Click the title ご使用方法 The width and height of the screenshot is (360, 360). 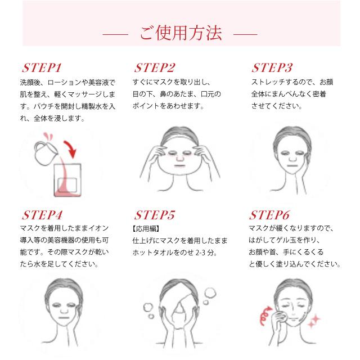tap(181, 33)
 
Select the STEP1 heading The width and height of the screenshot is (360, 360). tap(42, 67)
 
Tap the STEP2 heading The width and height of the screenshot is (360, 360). tap(155, 67)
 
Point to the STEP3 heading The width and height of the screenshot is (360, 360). tap(272, 67)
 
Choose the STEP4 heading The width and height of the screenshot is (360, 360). tap(42, 215)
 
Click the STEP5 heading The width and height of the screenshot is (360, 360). tap(155, 215)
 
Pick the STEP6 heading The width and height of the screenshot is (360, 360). tap(269, 215)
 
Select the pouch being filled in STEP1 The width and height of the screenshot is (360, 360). tap(67, 180)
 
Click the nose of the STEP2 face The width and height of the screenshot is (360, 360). tap(180, 158)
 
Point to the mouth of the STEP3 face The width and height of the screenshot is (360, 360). tap(292, 166)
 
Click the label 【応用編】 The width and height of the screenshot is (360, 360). tap(146, 229)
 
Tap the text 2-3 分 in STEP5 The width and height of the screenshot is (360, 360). tap(205, 253)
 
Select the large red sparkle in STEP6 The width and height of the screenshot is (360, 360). tap(316, 319)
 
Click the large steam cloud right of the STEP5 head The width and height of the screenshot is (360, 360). tap(210, 294)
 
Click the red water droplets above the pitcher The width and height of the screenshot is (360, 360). tap(48, 136)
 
